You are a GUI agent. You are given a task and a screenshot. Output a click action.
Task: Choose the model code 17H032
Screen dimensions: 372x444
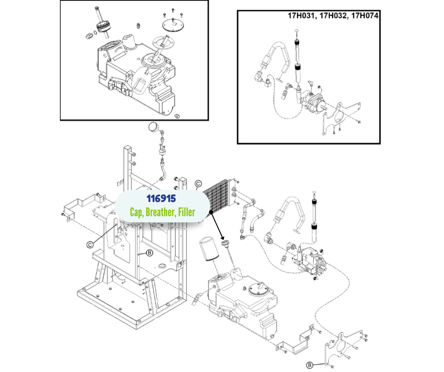(334, 16)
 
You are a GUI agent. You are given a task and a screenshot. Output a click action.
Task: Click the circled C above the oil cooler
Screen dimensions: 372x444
(198, 184)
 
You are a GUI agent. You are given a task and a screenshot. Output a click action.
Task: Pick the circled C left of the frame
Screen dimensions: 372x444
(89, 244)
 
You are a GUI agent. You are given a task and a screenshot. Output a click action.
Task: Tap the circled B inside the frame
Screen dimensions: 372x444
(149, 253)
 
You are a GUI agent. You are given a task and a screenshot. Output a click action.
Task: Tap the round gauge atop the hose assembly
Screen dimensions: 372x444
(153, 127)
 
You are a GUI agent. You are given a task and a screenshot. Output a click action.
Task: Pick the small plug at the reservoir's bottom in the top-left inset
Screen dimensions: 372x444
(178, 115)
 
